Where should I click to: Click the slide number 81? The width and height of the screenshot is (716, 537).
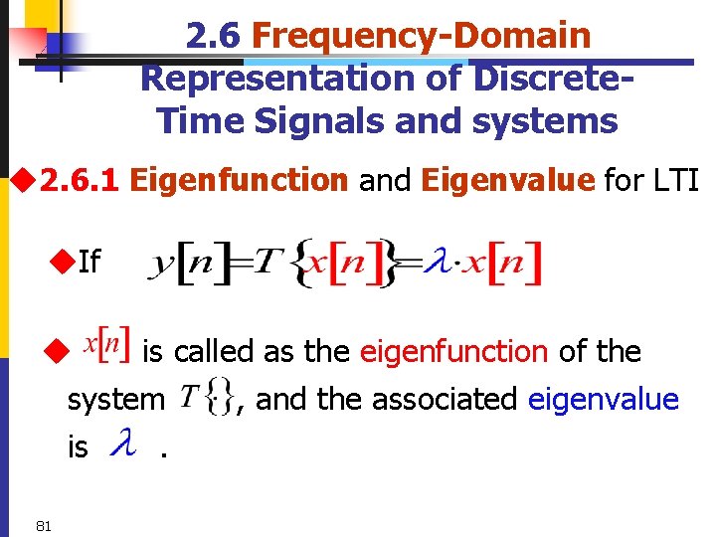click(43, 525)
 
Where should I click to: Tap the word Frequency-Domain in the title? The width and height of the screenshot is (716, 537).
click(422, 36)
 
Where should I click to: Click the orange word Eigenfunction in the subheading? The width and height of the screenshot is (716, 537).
click(239, 180)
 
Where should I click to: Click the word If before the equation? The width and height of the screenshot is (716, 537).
click(89, 262)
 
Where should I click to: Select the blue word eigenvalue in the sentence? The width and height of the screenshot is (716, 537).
click(603, 399)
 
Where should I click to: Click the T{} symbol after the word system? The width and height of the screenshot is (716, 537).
click(207, 400)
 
